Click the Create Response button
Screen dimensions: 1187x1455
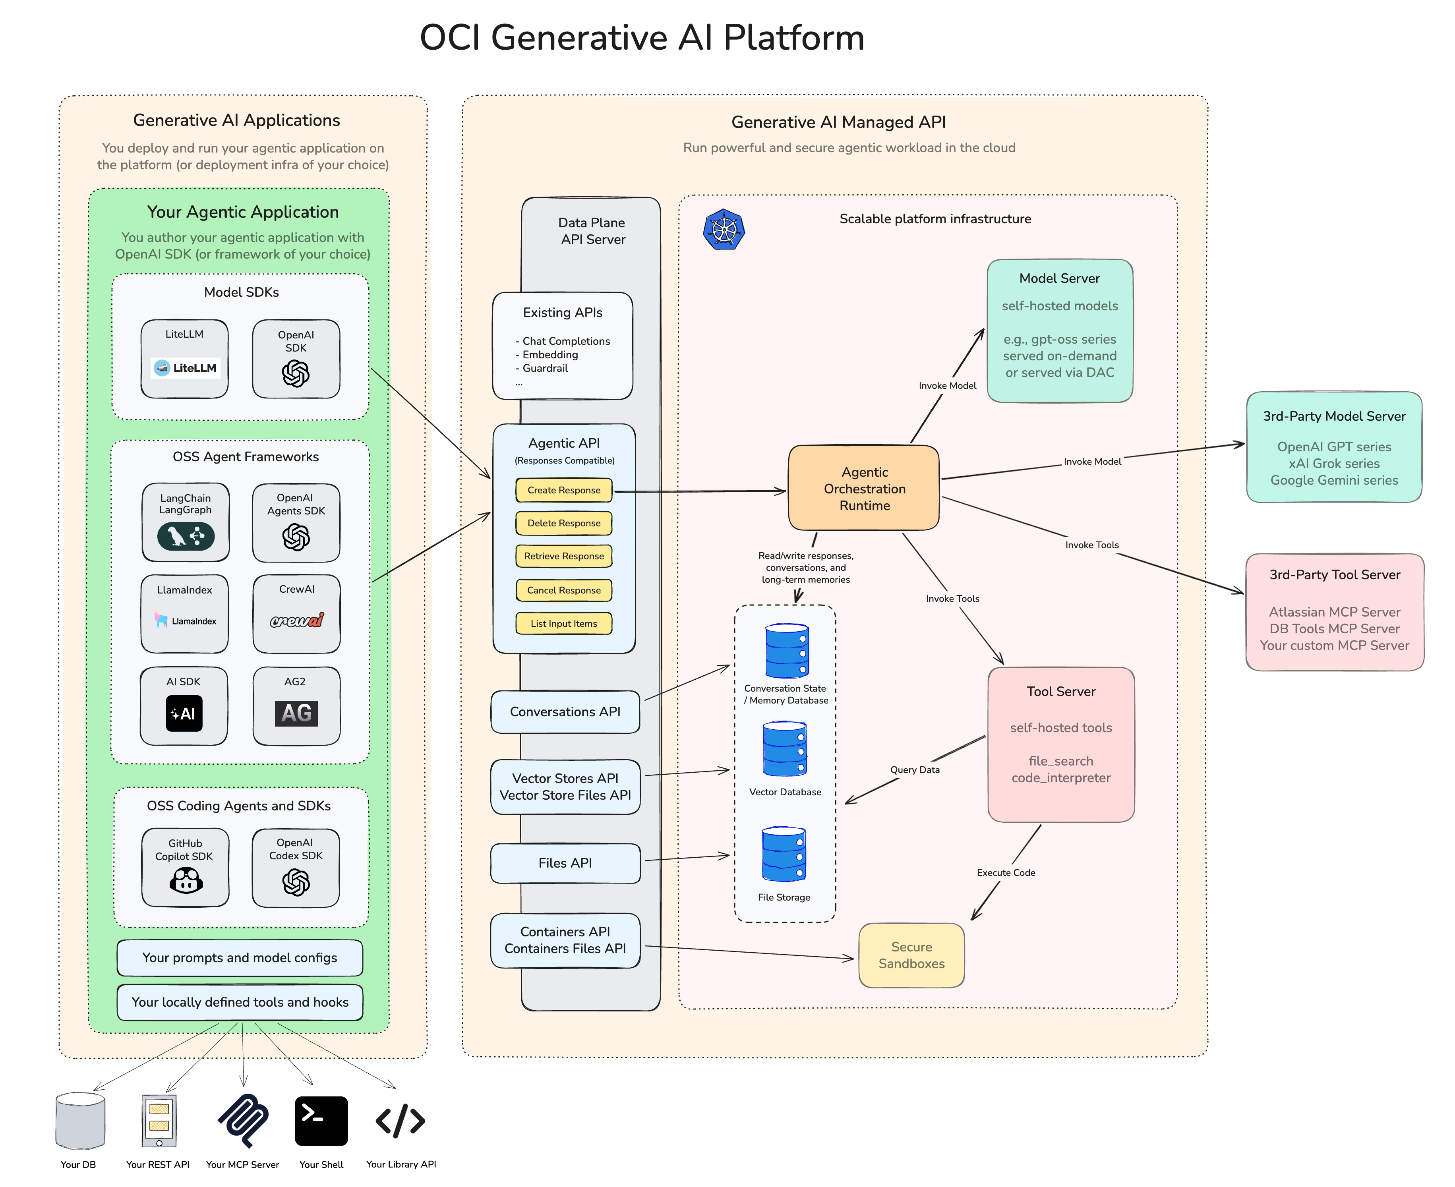coord(563,490)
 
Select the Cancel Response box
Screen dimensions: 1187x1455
coord(563,590)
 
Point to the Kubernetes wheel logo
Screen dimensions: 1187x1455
coord(724,230)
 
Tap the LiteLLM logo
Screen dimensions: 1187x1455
coord(185,368)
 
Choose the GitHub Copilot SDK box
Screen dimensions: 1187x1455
coord(185,867)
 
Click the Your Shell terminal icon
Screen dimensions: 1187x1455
coord(321,1121)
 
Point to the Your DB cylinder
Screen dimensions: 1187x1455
coord(80,1121)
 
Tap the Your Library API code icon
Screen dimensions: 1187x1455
coord(401,1121)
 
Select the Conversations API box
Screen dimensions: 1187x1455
coord(565,712)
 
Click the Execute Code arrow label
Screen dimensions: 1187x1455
coord(1005,872)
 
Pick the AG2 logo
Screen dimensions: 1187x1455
coord(296,713)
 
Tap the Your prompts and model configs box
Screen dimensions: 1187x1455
coord(239,958)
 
